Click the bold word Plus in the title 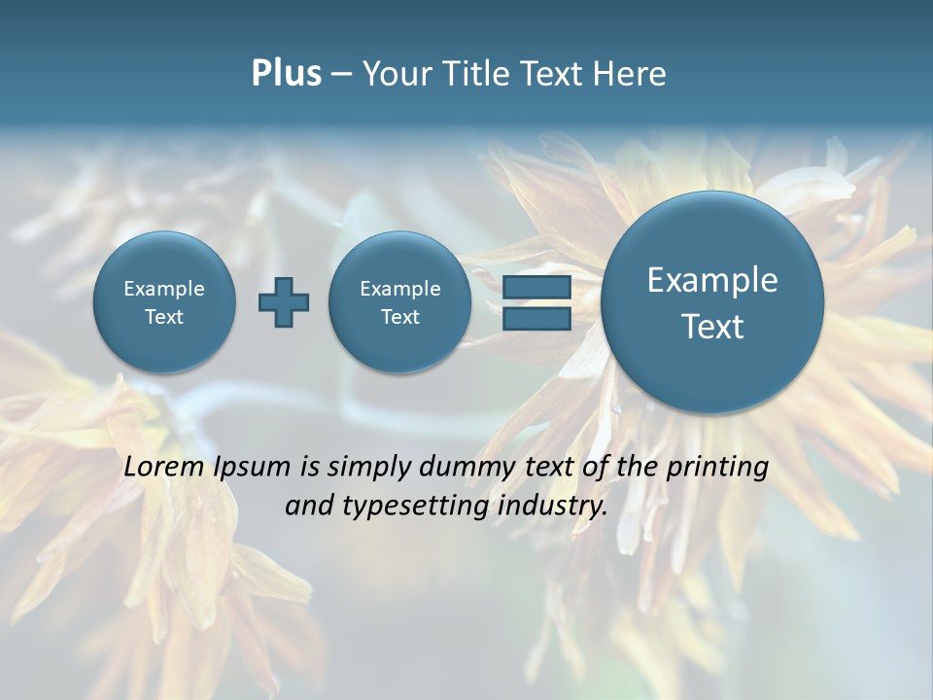coord(286,74)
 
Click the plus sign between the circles coord(284,302)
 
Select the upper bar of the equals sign coord(536,288)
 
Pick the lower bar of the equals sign coord(536,318)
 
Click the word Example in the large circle coord(712,280)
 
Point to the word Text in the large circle coord(712,327)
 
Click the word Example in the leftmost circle coord(164,289)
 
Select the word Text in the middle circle coord(399,317)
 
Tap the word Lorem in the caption coord(163,467)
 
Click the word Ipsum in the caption coord(249,467)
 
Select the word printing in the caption coord(718,468)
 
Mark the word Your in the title coord(397,74)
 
